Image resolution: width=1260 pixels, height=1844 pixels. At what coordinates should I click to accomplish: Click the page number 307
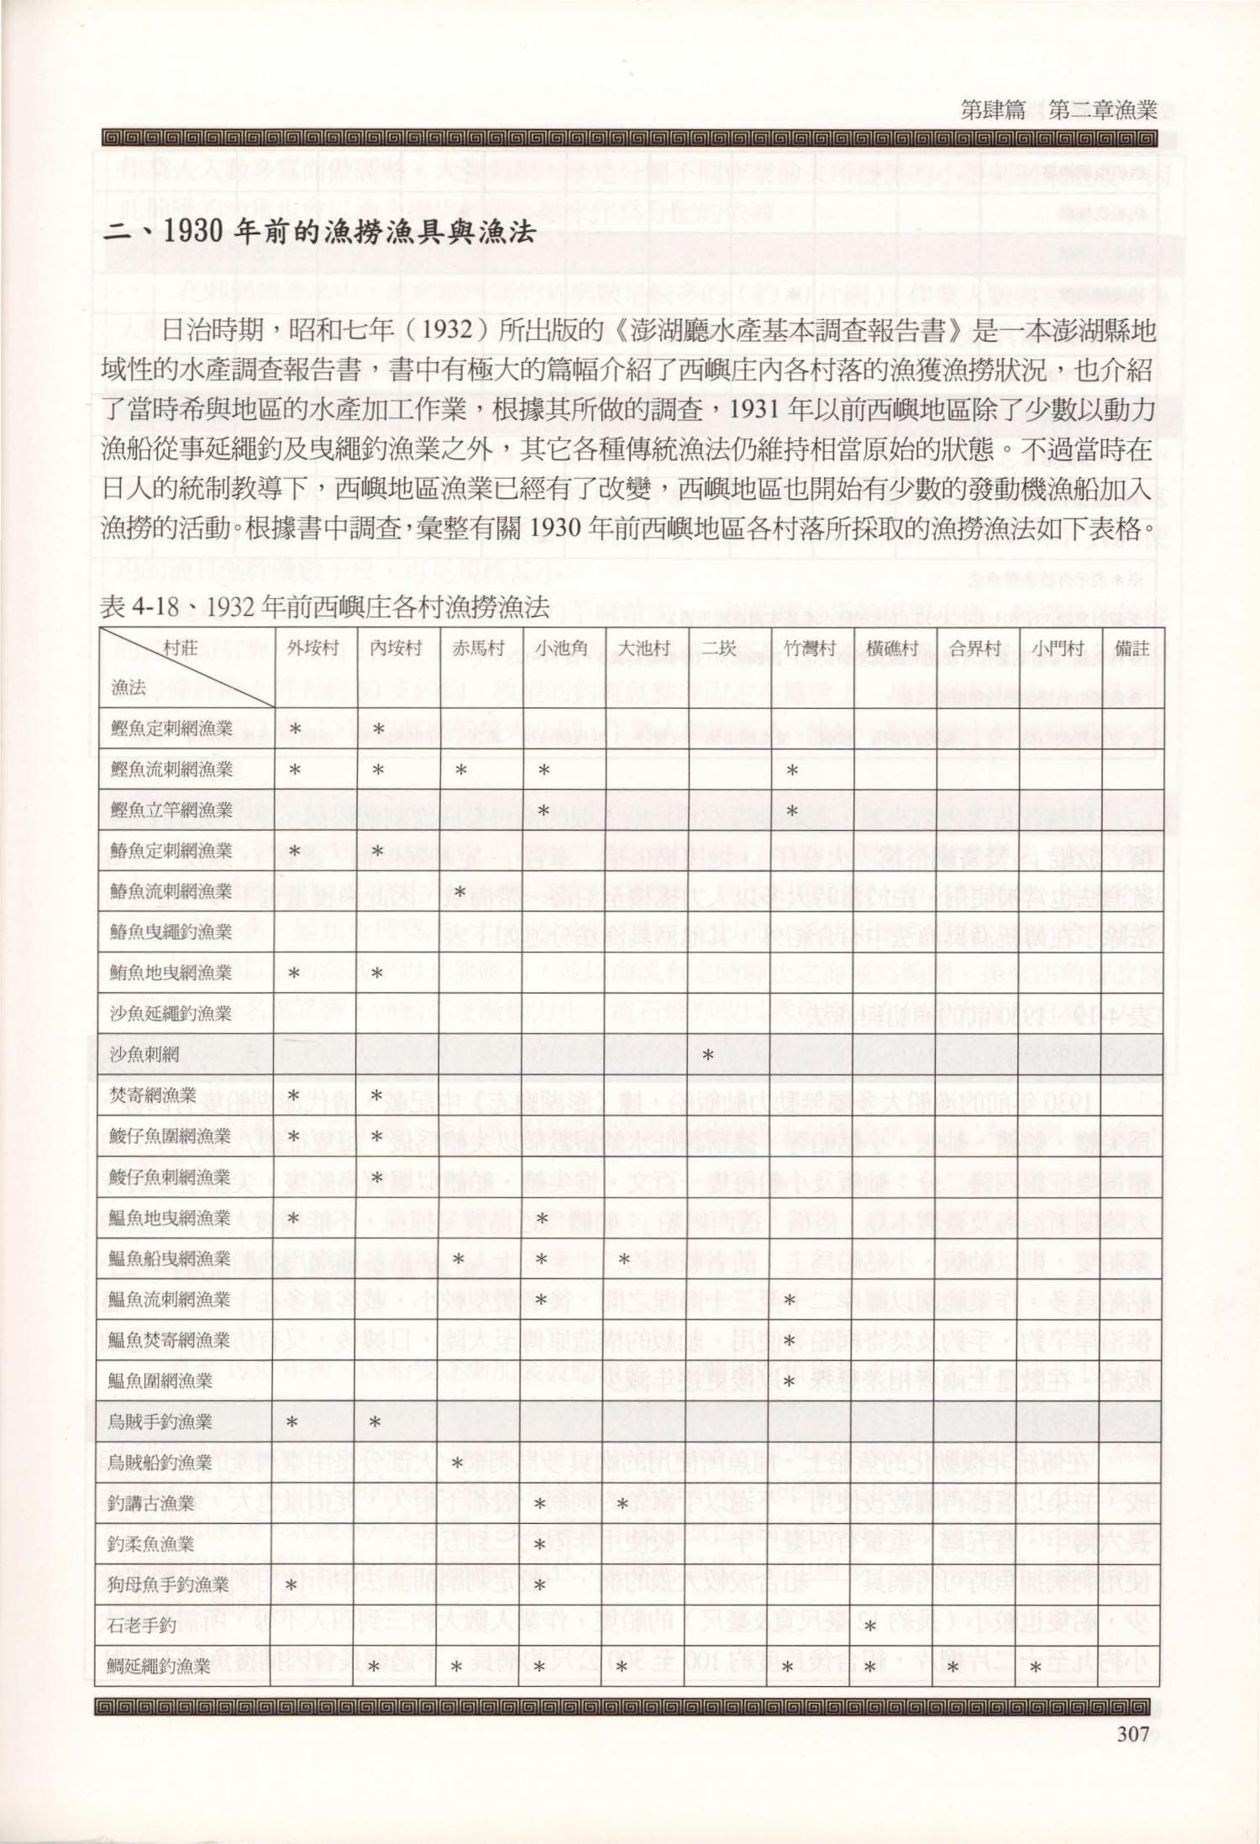(x=1132, y=1732)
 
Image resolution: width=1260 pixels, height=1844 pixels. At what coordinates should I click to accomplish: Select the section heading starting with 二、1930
(x=319, y=231)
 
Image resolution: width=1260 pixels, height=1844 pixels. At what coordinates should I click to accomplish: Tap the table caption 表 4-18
(x=324, y=606)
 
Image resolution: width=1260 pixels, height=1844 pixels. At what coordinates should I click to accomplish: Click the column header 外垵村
(x=312, y=648)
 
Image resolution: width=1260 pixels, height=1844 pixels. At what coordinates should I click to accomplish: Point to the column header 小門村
(x=1058, y=648)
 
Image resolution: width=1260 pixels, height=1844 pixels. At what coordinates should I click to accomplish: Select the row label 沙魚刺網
(x=145, y=1054)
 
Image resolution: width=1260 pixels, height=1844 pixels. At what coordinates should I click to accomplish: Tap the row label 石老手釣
(x=143, y=1625)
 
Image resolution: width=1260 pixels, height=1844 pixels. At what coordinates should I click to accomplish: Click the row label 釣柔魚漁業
(x=151, y=1543)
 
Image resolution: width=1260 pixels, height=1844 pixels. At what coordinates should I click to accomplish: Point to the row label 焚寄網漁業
(x=153, y=1095)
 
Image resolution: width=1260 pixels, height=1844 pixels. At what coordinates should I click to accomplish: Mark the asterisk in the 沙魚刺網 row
(x=708, y=1055)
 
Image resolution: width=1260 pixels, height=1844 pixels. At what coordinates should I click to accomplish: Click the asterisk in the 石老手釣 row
(x=871, y=1626)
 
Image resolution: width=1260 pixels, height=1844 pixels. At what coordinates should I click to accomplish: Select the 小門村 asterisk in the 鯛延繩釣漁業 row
(x=1036, y=1667)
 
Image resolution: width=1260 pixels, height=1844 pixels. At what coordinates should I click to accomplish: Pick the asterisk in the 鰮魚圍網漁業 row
(x=790, y=1381)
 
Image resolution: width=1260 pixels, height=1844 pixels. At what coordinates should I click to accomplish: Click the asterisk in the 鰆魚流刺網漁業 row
(x=459, y=891)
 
